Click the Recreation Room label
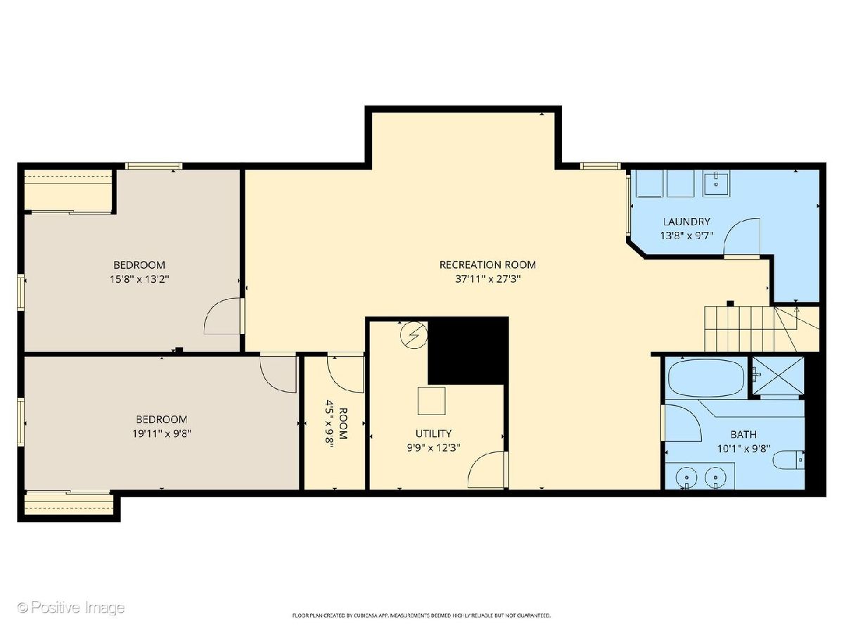[487, 265]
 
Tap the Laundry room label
[686, 222]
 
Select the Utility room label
[433, 433]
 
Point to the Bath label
[743, 434]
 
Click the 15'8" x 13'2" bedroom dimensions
[139, 279]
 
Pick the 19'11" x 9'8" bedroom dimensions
[162, 433]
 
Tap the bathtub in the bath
[706, 378]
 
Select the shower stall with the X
[778, 376]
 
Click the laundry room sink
[716, 184]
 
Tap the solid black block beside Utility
[468, 350]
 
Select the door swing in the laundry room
[742, 236]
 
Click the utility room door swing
[486, 470]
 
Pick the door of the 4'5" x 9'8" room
[345, 374]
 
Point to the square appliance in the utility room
[431, 401]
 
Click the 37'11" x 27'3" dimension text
[487, 279]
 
